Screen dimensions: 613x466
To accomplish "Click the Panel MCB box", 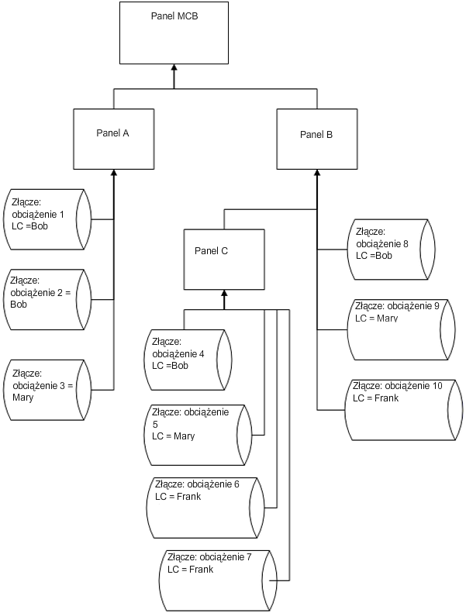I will point(174,33).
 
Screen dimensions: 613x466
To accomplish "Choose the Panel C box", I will point(223,257).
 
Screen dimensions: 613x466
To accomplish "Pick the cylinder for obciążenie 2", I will point(47,299).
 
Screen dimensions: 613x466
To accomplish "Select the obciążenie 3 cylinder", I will point(47,388).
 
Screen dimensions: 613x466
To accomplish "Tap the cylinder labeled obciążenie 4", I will point(189,359).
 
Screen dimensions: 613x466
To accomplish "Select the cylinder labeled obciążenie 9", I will point(398,329).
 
